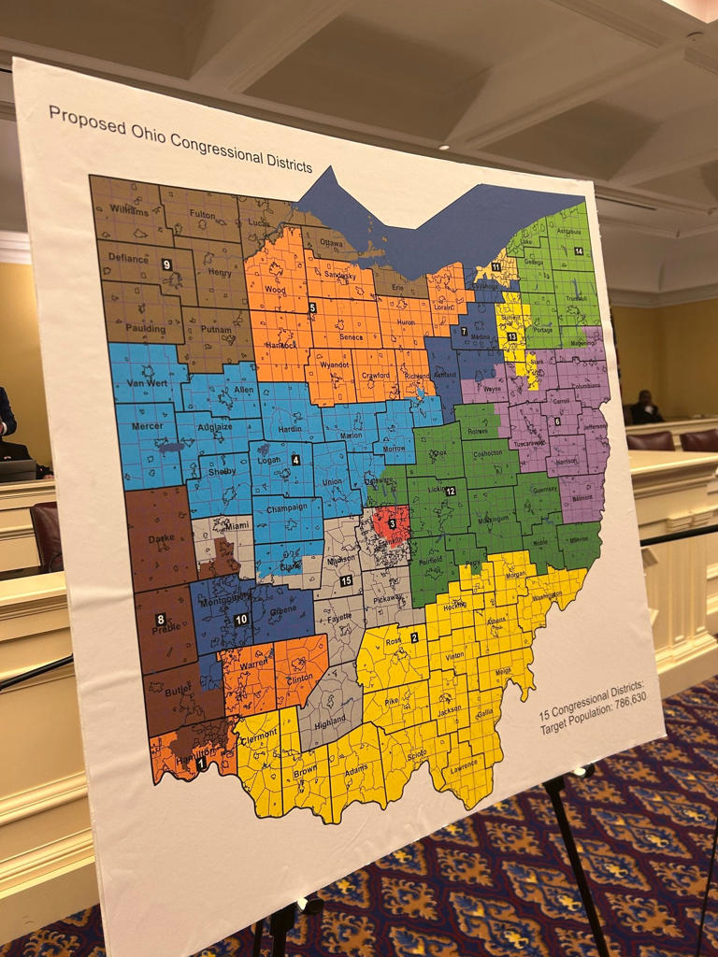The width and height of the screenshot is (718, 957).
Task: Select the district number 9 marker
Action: (x=166, y=264)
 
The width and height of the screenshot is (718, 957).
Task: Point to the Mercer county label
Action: (x=147, y=426)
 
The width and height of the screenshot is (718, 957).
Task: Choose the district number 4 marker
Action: (x=295, y=460)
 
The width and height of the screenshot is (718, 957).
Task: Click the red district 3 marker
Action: (x=393, y=523)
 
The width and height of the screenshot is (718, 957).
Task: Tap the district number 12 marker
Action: (x=450, y=491)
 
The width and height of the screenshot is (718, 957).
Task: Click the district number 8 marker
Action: (x=161, y=620)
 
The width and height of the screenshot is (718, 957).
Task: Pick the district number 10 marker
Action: (x=240, y=620)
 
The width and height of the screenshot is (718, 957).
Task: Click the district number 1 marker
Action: (x=202, y=764)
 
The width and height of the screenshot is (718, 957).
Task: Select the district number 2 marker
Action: (x=414, y=637)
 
